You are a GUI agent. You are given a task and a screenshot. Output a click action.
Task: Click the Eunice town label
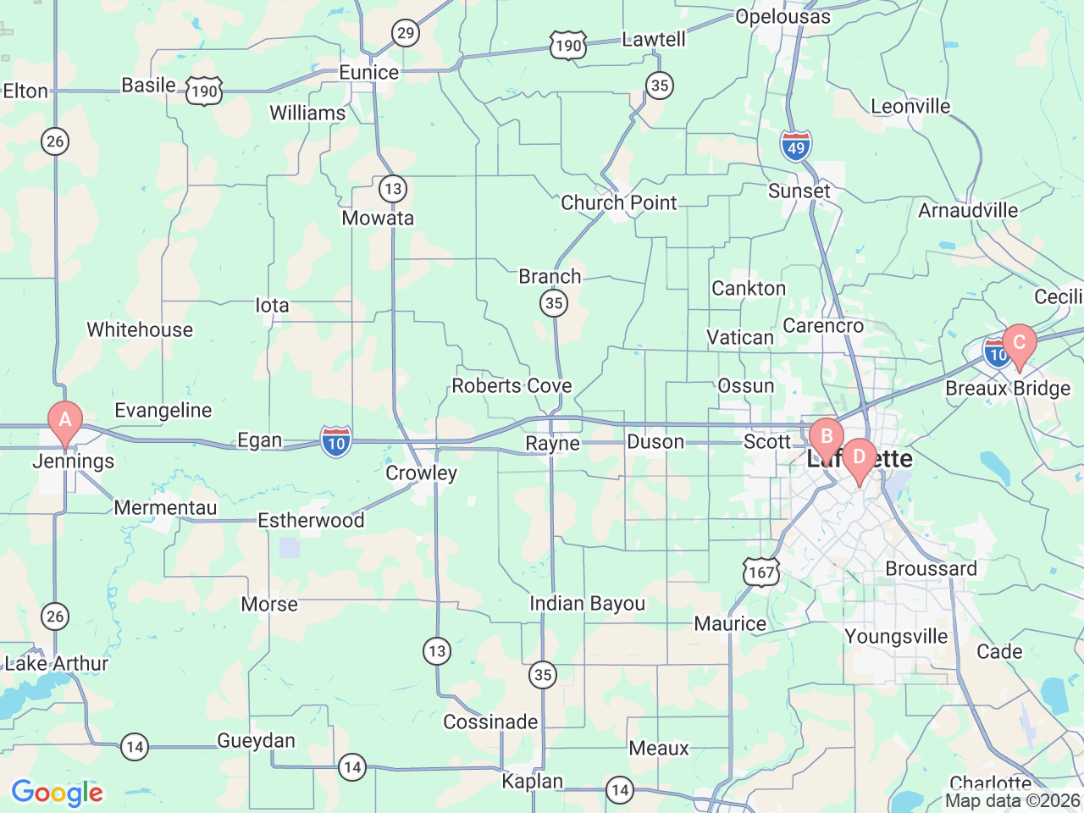(x=368, y=73)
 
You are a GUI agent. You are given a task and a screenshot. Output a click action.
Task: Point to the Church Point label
(x=618, y=203)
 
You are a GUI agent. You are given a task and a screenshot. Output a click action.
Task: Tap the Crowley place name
(x=421, y=473)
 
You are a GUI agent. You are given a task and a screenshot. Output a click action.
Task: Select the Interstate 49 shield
(x=796, y=147)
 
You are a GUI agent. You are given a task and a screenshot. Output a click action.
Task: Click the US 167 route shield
(x=761, y=572)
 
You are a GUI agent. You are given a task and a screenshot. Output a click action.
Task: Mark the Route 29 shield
(x=406, y=34)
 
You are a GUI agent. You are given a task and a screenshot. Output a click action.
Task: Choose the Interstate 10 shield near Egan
(x=336, y=441)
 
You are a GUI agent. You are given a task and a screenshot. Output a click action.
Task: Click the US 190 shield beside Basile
(x=204, y=91)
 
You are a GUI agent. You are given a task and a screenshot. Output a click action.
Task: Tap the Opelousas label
(x=783, y=17)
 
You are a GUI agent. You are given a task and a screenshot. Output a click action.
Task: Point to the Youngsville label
(x=896, y=636)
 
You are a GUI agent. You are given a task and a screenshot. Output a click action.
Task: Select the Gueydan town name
(x=256, y=741)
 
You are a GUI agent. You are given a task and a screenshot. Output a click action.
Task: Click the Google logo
(x=57, y=794)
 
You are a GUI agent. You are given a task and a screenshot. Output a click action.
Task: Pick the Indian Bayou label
(x=587, y=604)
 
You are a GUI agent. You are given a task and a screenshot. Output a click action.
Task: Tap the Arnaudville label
(x=968, y=210)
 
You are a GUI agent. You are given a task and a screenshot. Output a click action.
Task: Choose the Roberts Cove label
(x=512, y=386)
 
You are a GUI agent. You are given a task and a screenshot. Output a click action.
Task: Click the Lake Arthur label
(x=57, y=663)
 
